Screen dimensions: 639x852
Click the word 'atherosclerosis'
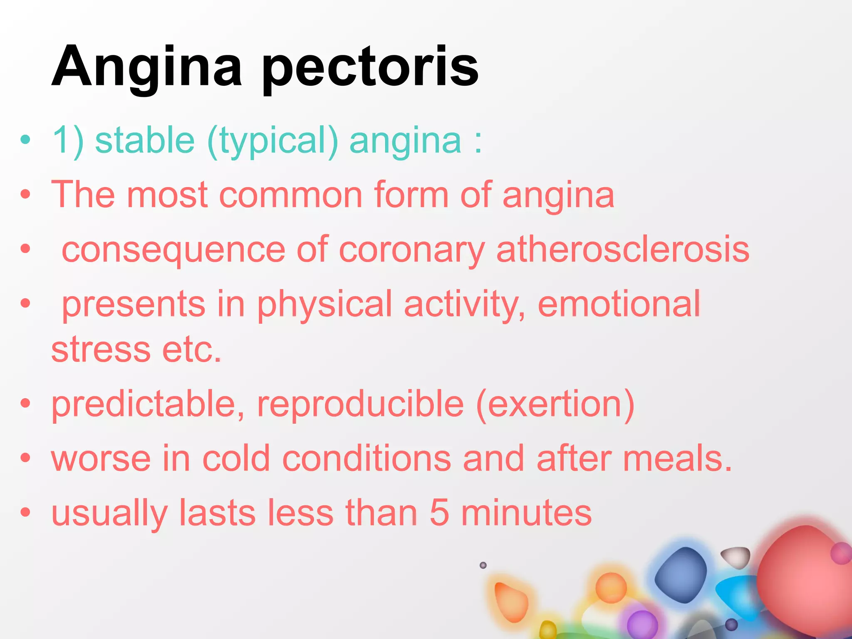pyautogui.click(x=623, y=250)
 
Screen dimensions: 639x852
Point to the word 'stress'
pyautogui.click(x=101, y=350)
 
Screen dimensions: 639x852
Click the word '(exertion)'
pyautogui.click(x=555, y=404)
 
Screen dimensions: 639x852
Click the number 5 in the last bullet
pyautogui.click(x=439, y=513)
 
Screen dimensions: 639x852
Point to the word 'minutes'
pyautogui.click(x=526, y=513)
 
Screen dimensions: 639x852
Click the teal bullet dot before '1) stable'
pyautogui.click(x=25, y=139)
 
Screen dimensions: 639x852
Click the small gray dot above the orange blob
pyautogui.click(x=483, y=565)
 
